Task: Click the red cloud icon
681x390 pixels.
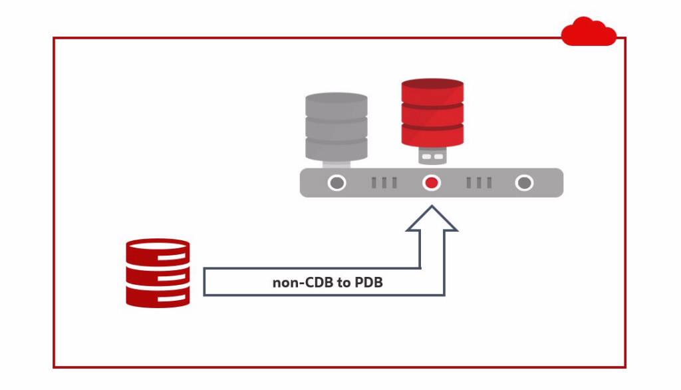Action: coord(589,32)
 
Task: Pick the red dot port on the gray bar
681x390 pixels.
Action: coord(432,182)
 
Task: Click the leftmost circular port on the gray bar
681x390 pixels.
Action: coord(337,182)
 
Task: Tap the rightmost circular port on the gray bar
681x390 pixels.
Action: coord(525,182)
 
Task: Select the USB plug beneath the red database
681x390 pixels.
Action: coord(432,156)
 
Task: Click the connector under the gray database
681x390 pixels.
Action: coord(337,162)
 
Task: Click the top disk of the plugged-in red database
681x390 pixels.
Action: coord(432,92)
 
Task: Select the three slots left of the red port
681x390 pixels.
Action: coord(384,182)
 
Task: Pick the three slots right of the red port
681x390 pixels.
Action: coord(479,182)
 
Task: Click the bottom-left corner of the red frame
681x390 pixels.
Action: coord(55,367)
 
